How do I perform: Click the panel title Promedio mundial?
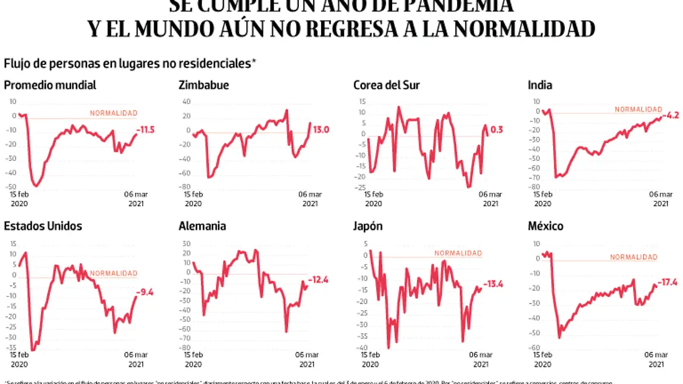click(50, 85)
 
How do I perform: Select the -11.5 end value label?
click(146, 130)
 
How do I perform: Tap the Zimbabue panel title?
click(204, 85)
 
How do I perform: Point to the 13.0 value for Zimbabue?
click(321, 130)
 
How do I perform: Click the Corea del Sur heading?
click(386, 85)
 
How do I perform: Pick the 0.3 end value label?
click(497, 130)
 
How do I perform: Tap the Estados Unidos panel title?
click(43, 226)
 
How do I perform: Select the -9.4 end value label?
click(146, 293)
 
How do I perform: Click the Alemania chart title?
click(202, 226)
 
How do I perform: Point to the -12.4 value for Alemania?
click(319, 279)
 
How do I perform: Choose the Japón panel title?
click(368, 226)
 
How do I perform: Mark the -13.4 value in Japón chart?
click(493, 284)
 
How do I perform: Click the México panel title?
click(546, 226)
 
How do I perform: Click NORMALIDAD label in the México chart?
click(633, 257)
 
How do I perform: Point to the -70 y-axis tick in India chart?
click(533, 177)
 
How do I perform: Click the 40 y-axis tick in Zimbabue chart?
click(186, 102)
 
